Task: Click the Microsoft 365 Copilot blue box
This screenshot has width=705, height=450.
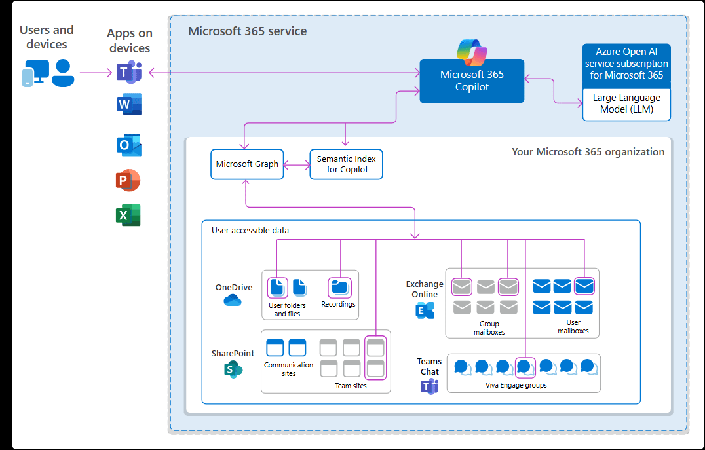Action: point(472,81)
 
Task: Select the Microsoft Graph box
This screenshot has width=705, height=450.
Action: point(247,164)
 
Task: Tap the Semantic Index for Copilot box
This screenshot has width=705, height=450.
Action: point(346,164)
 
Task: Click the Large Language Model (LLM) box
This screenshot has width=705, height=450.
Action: point(626,103)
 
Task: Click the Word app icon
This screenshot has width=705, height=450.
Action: point(129,105)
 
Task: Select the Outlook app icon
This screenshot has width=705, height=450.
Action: point(129,145)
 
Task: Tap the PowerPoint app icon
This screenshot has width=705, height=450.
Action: point(128,180)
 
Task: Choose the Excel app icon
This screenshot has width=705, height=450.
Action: point(128,216)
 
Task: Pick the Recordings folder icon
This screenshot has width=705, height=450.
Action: point(339,287)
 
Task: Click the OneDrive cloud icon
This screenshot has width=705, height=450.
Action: point(233,301)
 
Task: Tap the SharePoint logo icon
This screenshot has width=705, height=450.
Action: point(233,370)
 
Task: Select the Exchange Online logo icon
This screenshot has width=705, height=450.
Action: point(425,310)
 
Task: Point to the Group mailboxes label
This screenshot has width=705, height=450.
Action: point(489,328)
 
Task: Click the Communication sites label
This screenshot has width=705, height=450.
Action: point(288,369)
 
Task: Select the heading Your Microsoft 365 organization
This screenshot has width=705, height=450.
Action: point(588,152)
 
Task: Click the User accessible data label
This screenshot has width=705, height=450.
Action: point(250,231)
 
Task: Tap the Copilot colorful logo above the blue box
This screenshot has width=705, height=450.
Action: point(472,52)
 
